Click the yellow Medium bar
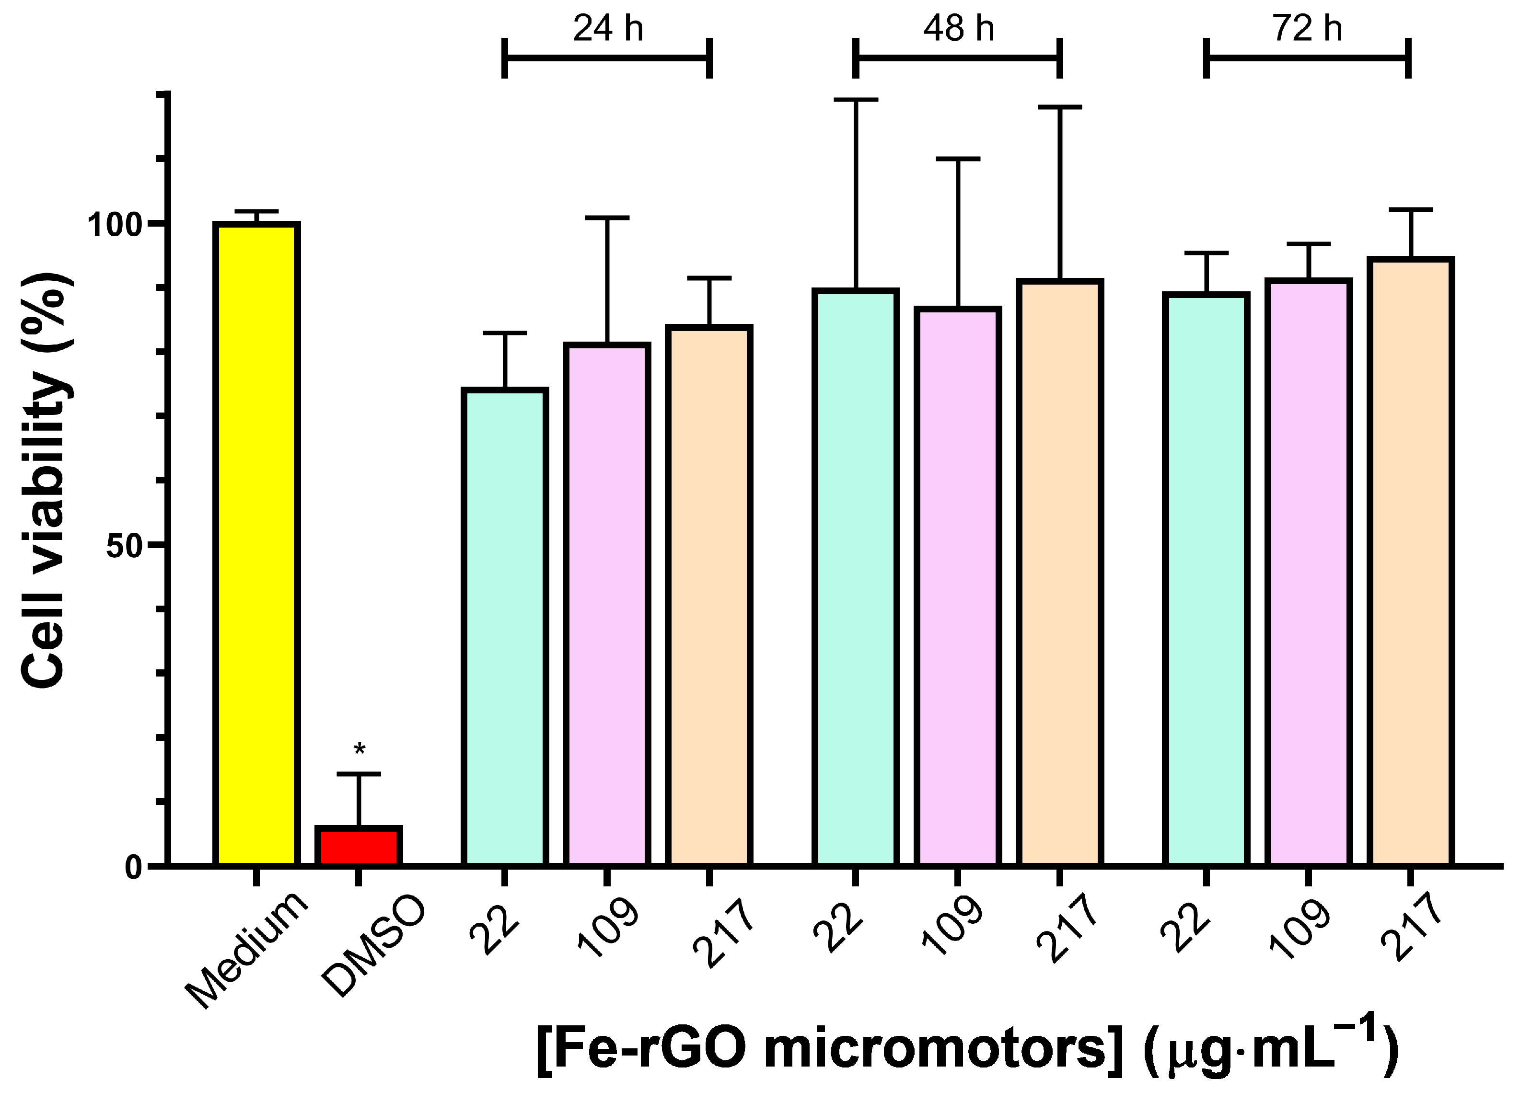(x=256, y=544)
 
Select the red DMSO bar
(x=359, y=847)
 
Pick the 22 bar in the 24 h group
(x=505, y=626)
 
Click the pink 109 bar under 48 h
(x=958, y=586)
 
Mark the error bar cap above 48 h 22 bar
(x=856, y=100)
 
